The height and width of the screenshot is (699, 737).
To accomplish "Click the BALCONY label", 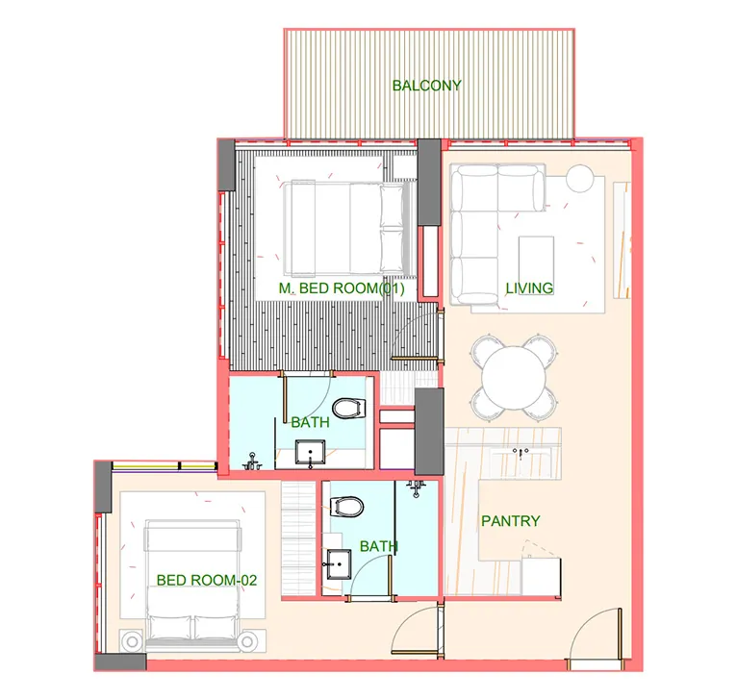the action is click(427, 86).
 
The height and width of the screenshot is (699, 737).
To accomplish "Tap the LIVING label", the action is click(529, 287).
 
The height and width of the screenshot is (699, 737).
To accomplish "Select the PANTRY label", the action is click(511, 521).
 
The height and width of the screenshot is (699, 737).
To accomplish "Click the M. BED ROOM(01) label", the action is click(342, 287).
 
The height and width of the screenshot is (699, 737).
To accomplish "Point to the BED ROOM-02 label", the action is click(207, 580).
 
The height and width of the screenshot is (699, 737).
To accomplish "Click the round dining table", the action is click(515, 377).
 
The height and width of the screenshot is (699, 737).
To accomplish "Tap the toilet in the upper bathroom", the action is click(348, 409).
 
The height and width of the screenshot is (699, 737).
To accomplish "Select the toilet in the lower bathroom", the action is click(347, 507).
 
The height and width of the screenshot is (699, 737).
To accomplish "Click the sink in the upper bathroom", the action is click(310, 453).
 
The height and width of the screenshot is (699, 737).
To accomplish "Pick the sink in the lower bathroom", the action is click(339, 564).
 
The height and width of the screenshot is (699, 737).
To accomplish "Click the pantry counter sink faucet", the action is click(521, 452).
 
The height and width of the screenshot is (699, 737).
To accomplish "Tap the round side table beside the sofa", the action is click(579, 178).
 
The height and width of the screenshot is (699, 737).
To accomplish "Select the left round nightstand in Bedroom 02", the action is click(133, 641).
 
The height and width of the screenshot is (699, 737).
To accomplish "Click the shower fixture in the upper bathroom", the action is click(252, 462).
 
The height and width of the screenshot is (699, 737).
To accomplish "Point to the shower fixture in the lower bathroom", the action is click(416, 487).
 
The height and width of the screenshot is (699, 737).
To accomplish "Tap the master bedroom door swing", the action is click(416, 335).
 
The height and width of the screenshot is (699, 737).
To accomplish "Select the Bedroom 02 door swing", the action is click(417, 631).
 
